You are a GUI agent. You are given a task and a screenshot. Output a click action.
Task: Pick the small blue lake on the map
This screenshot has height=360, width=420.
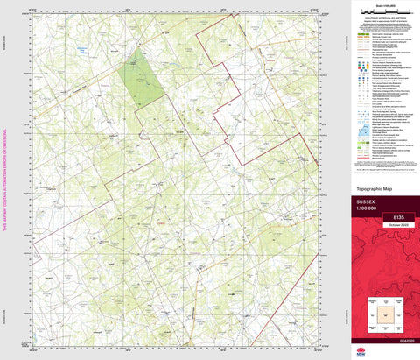pos(108,50)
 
